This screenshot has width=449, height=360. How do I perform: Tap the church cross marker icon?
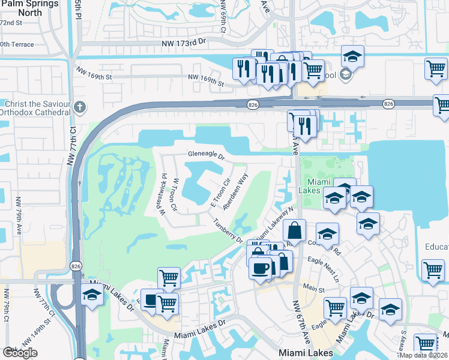[x=80, y=108]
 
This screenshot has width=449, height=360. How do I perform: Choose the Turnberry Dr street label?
[x=228, y=230]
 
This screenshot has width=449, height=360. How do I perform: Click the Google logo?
[x=20, y=353]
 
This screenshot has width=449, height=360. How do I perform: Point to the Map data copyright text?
[x=423, y=355]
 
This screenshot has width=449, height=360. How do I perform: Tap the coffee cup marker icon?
[x=261, y=268]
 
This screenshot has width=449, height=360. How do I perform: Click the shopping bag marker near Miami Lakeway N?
[x=295, y=230]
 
